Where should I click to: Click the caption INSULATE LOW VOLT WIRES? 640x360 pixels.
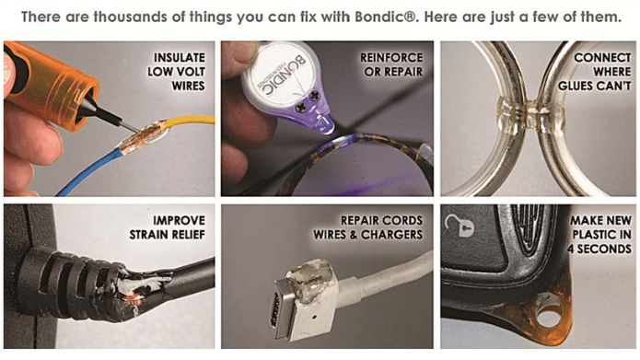176,72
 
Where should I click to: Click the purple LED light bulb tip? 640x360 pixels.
325,125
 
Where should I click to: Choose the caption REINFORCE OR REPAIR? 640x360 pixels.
391,64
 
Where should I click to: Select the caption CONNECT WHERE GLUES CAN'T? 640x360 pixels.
594,72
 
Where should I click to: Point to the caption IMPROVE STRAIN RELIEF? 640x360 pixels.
168,227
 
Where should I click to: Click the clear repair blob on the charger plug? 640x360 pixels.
310,277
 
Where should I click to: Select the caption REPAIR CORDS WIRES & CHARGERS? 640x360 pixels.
368,227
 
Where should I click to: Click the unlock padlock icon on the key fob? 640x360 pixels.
460,225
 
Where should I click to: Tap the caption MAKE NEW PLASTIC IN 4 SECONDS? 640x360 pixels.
600,235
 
